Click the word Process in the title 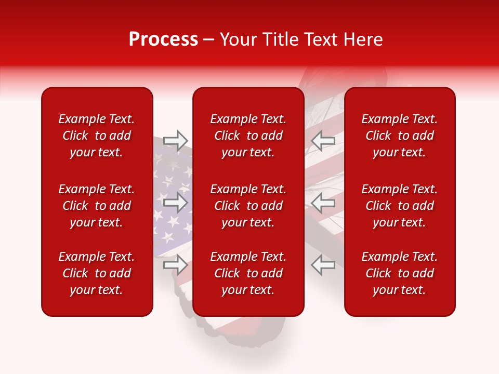[x=163, y=39]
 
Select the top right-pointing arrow [x=175, y=140]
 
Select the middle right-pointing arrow [x=175, y=203]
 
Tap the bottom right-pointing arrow [x=175, y=265]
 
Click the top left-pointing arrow [x=323, y=140]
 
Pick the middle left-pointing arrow [x=323, y=203]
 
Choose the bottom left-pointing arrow [x=323, y=265]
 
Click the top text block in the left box [x=97, y=136]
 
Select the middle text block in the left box [x=97, y=206]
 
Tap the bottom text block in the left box [x=97, y=273]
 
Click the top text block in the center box [x=248, y=136]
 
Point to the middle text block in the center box [x=248, y=206]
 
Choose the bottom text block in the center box [x=248, y=273]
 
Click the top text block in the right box [x=399, y=136]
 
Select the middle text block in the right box [x=399, y=206]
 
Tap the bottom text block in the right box [x=399, y=273]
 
